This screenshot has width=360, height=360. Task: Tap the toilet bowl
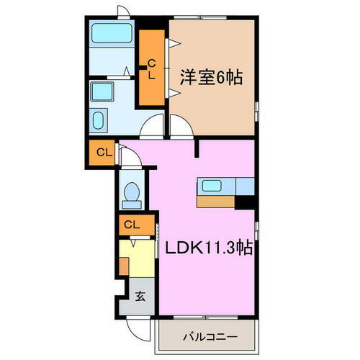tap(132, 192)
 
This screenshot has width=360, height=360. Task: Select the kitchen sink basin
tap(211, 186)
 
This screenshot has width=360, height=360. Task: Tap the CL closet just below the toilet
tap(132, 225)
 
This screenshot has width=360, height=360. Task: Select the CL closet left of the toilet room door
tap(102, 152)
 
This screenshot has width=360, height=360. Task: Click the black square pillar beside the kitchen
tap(248, 202)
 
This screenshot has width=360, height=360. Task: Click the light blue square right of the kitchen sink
tap(245, 186)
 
